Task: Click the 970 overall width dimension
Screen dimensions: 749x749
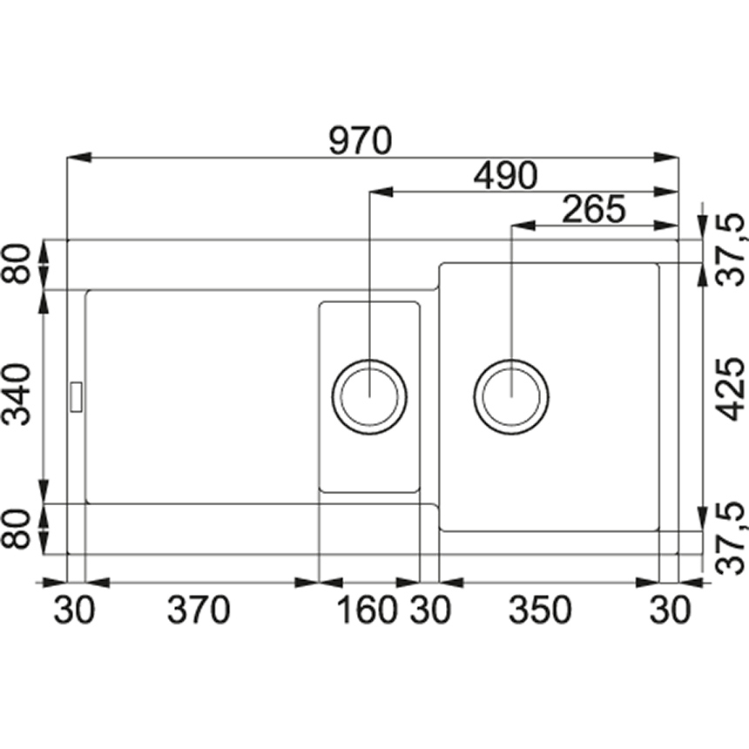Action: (361, 141)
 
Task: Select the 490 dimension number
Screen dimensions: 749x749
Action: (505, 175)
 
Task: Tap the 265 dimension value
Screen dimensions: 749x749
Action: (594, 209)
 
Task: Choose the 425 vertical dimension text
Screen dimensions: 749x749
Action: (732, 389)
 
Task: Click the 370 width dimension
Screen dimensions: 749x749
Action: (199, 610)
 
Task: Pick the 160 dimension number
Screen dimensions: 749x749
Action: (367, 610)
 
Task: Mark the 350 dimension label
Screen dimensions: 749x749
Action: (540, 610)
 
